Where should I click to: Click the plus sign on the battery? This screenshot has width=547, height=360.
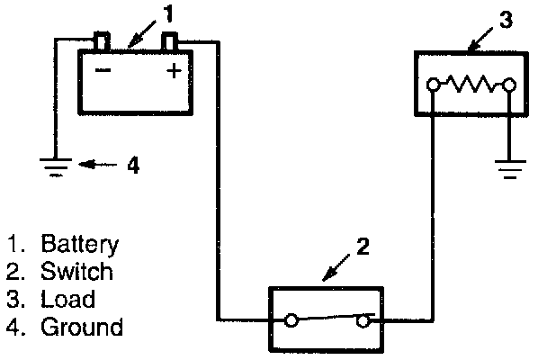174,71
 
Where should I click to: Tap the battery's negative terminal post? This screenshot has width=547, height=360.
101,41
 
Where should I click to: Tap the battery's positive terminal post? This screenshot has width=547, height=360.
170,41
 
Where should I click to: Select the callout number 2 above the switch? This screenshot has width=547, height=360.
362,246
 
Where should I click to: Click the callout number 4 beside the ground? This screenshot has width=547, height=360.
132,166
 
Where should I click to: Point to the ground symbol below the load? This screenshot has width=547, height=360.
509,168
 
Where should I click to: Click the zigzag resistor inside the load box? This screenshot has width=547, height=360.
471,85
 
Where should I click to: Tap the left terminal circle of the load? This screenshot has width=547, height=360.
435,85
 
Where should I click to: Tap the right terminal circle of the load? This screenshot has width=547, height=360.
509,85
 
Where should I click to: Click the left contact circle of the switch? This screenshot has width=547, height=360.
291,319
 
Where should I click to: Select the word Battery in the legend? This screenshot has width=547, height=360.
80,244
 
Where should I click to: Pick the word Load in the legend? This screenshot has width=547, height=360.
68,298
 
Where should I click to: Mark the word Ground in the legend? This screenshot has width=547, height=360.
82,326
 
